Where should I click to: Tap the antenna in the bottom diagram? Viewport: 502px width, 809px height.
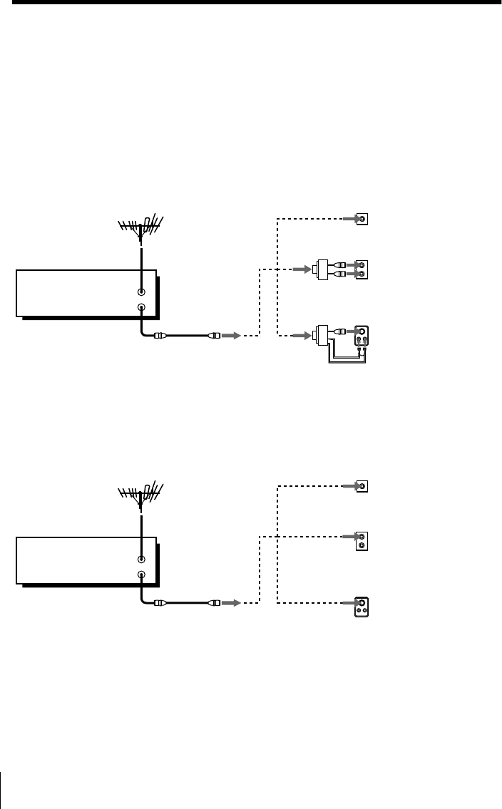(142, 492)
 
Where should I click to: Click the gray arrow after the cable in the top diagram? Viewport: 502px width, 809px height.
(230, 334)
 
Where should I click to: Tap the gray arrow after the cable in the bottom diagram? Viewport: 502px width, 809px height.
(230, 602)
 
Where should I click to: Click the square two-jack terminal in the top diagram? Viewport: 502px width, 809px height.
(362, 269)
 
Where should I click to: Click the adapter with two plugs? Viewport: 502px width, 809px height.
(322, 269)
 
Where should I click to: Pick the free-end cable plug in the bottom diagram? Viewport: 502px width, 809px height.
(213, 602)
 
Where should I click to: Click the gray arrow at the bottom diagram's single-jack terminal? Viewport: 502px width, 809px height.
(347, 487)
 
